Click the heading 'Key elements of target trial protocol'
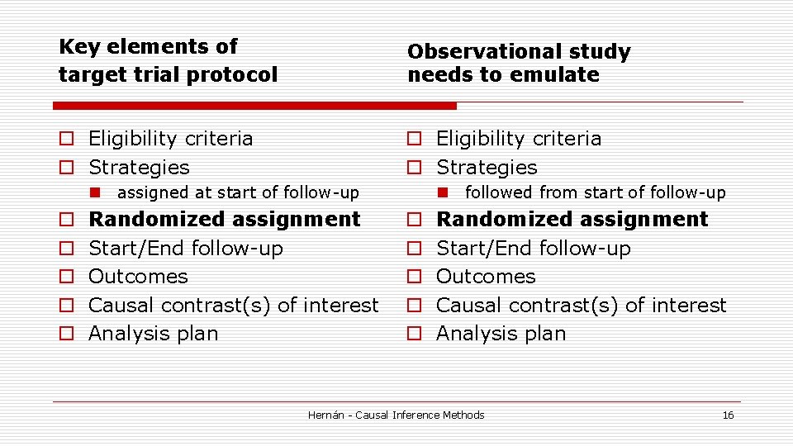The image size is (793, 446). tap(168, 60)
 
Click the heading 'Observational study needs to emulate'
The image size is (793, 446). tap(518, 63)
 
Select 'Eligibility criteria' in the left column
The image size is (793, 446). tap(170, 138)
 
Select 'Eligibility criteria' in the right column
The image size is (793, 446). tap(518, 138)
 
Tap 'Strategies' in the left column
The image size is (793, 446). tap(139, 167)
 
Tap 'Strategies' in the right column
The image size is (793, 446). tap(487, 167)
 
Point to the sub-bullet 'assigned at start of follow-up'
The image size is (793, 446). tap(238, 193)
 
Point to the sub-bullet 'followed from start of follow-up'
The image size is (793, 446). tap(595, 193)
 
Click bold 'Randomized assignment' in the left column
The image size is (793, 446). tap(224, 220)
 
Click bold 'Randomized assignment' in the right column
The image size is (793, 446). tap(572, 220)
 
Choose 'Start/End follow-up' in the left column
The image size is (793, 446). tap(185, 248)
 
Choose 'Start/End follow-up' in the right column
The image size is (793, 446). tap(533, 248)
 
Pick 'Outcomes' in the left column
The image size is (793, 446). tap(138, 276)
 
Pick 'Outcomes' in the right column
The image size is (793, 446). tap(486, 276)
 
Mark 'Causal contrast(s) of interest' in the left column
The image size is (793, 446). tap(233, 305)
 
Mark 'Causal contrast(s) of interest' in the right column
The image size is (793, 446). tap(581, 305)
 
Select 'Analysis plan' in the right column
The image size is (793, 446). tap(501, 334)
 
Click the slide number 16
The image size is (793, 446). tap(728, 415)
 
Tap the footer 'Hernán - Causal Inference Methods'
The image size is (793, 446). tap(396, 415)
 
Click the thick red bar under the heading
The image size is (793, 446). tap(254, 106)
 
